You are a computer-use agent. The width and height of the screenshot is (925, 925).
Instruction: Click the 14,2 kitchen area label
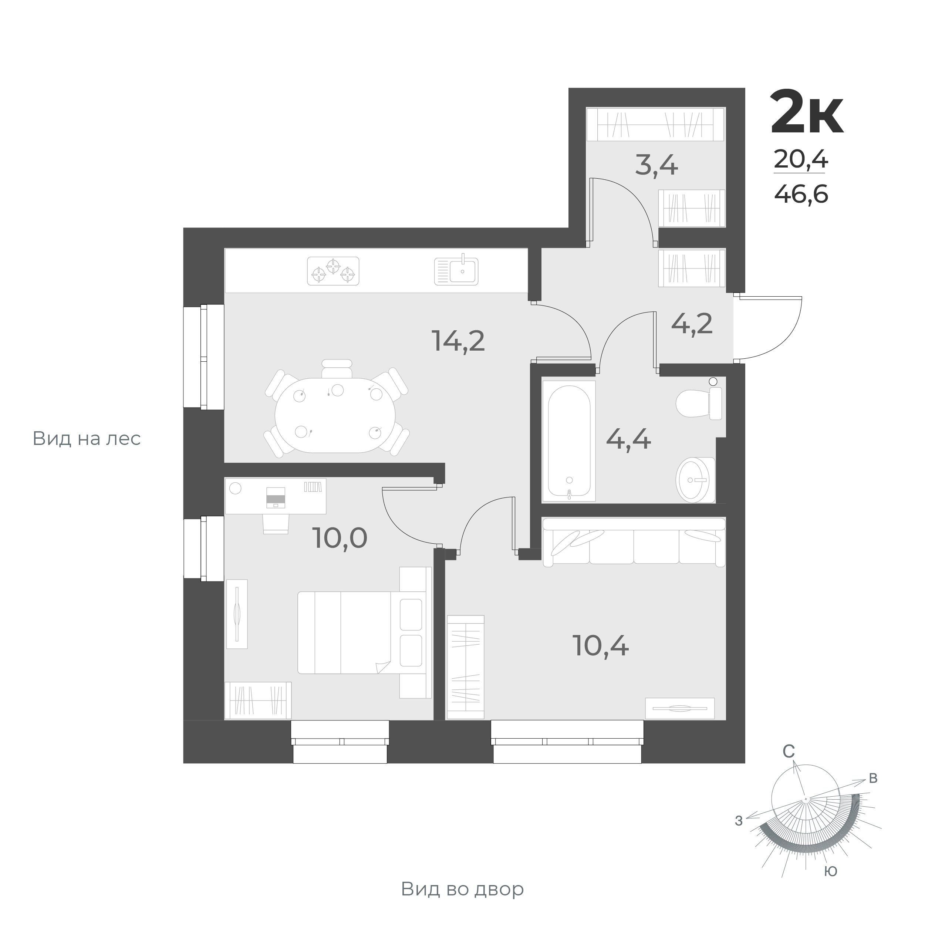458,341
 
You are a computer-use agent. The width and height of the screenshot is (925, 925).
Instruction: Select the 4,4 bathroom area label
628,439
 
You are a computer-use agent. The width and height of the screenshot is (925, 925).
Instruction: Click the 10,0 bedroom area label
340,538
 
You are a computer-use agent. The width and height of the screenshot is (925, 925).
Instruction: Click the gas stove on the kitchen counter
333,271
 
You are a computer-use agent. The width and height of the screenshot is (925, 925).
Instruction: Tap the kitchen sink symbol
456,271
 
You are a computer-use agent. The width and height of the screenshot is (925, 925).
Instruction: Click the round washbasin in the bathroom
694,480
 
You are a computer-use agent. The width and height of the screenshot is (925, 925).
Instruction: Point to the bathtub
569,441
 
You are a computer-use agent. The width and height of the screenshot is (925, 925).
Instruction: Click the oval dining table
335,415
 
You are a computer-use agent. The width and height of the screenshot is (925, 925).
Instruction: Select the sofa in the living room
634,543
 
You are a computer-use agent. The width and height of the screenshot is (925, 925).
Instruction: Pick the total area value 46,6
801,194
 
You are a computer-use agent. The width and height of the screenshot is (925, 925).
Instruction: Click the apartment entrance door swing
766,328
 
